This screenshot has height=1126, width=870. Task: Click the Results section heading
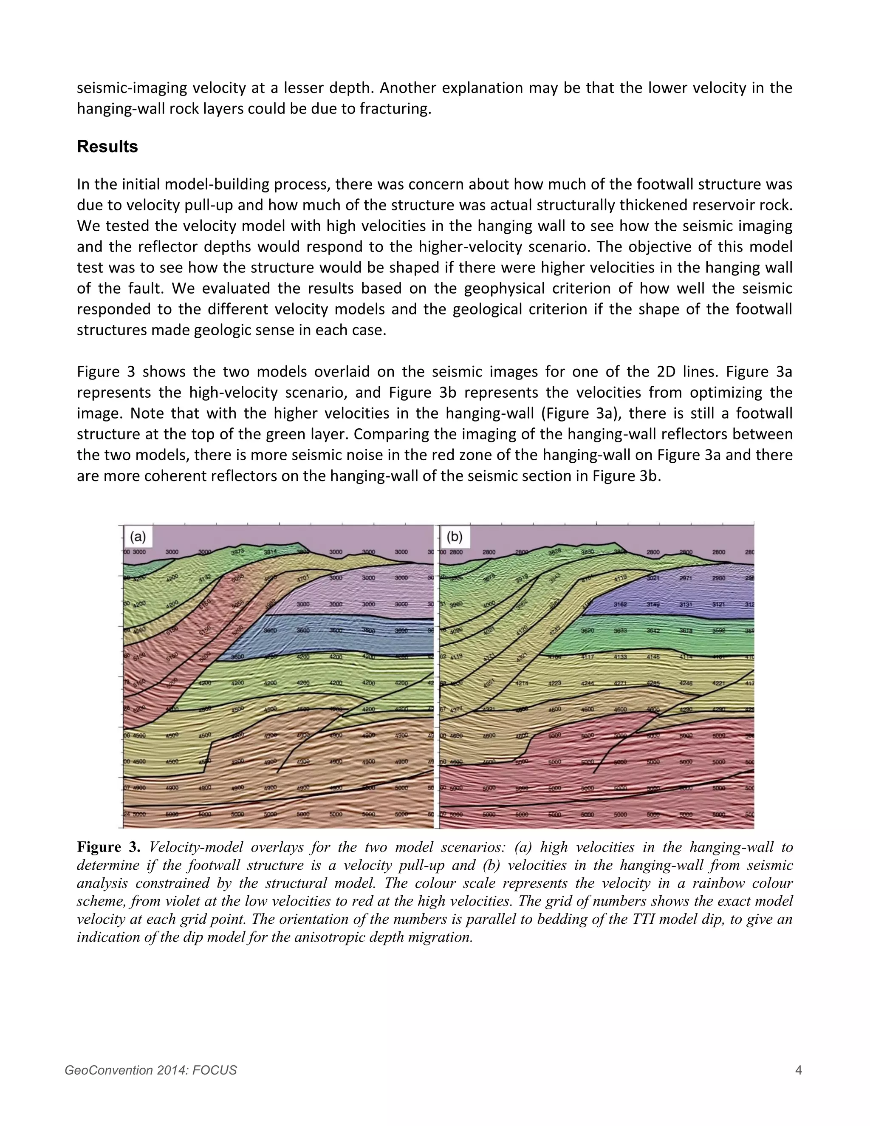107,147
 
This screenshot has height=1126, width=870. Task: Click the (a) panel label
137,537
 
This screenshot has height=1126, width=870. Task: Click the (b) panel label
454,537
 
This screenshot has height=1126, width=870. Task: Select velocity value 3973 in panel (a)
237,552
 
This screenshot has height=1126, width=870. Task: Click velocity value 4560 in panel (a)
139,630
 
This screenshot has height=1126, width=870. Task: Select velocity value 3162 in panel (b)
620,604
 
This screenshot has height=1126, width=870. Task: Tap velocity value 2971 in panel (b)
686,578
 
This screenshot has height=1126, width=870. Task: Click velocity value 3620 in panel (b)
588,630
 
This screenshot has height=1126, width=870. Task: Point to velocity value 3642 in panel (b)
653,630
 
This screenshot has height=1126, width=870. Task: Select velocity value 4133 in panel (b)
620,657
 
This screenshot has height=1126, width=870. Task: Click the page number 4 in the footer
798,1070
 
